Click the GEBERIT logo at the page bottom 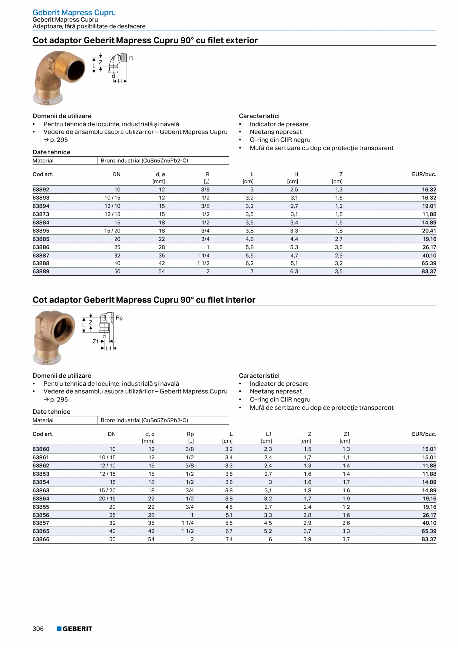point(74,629)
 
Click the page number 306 point(38,629)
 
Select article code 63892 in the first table point(41,190)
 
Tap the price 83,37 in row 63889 point(429,272)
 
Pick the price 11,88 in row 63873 point(429,214)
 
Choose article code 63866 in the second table point(41,539)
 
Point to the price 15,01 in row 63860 point(429,449)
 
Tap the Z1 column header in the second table point(346,434)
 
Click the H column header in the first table point(296,174)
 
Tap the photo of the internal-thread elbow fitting point(49,337)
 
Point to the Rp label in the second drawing point(119,318)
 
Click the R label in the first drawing point(131,58)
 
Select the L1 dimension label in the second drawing point(109,348)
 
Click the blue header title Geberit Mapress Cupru point(74,12)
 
